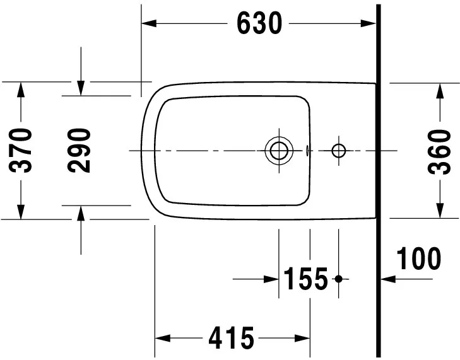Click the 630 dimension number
[x=259, y=23]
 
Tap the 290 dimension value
[x=80, y=150]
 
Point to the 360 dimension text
[x=440, y=151]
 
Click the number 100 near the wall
[x=418, y=258]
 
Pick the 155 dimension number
[x=305, y=278]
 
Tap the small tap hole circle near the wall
[x=339, y=151]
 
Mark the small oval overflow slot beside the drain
[x=307, y=151]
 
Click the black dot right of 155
[x=339, y=278]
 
